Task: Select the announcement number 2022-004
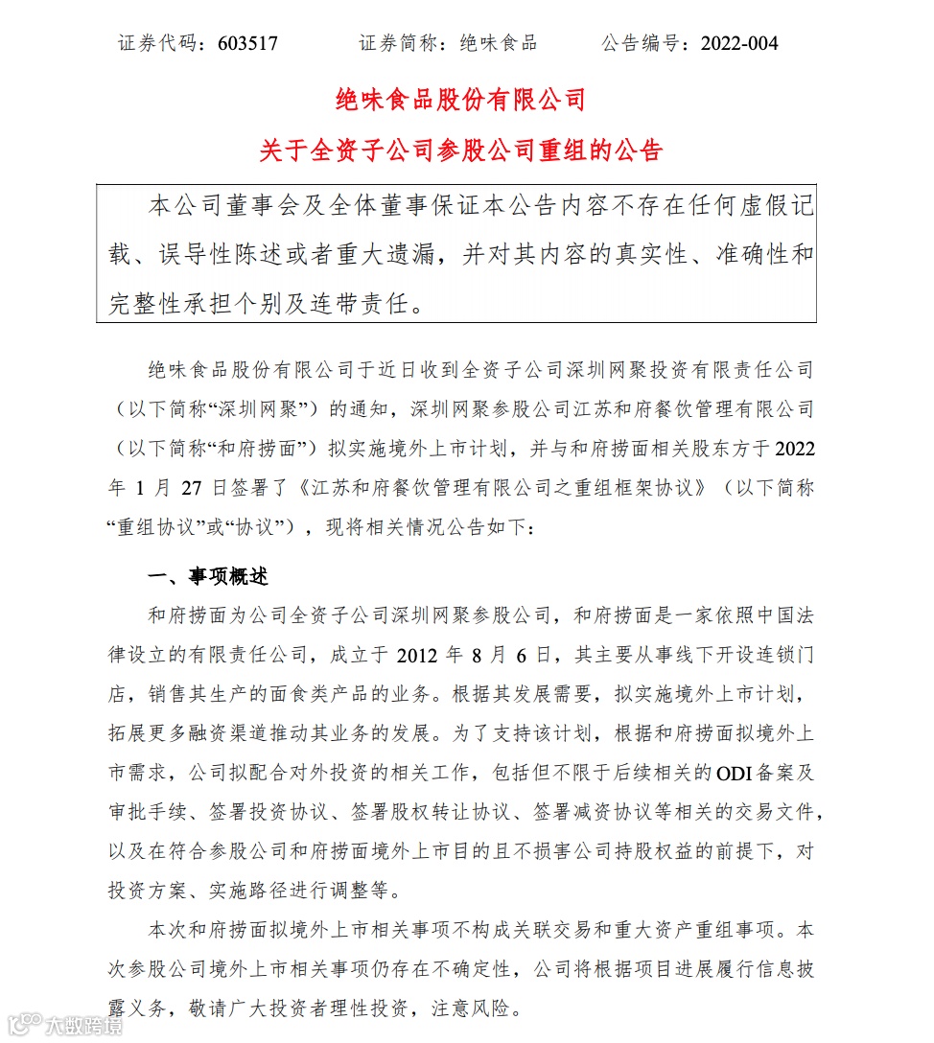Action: (740, 43)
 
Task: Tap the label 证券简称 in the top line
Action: (395, 43)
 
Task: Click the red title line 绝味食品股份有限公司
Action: (460, 99)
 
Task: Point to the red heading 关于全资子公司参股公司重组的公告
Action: (460, 151)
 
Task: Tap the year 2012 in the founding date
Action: (418, 655)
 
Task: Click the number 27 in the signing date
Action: (190, 487)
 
